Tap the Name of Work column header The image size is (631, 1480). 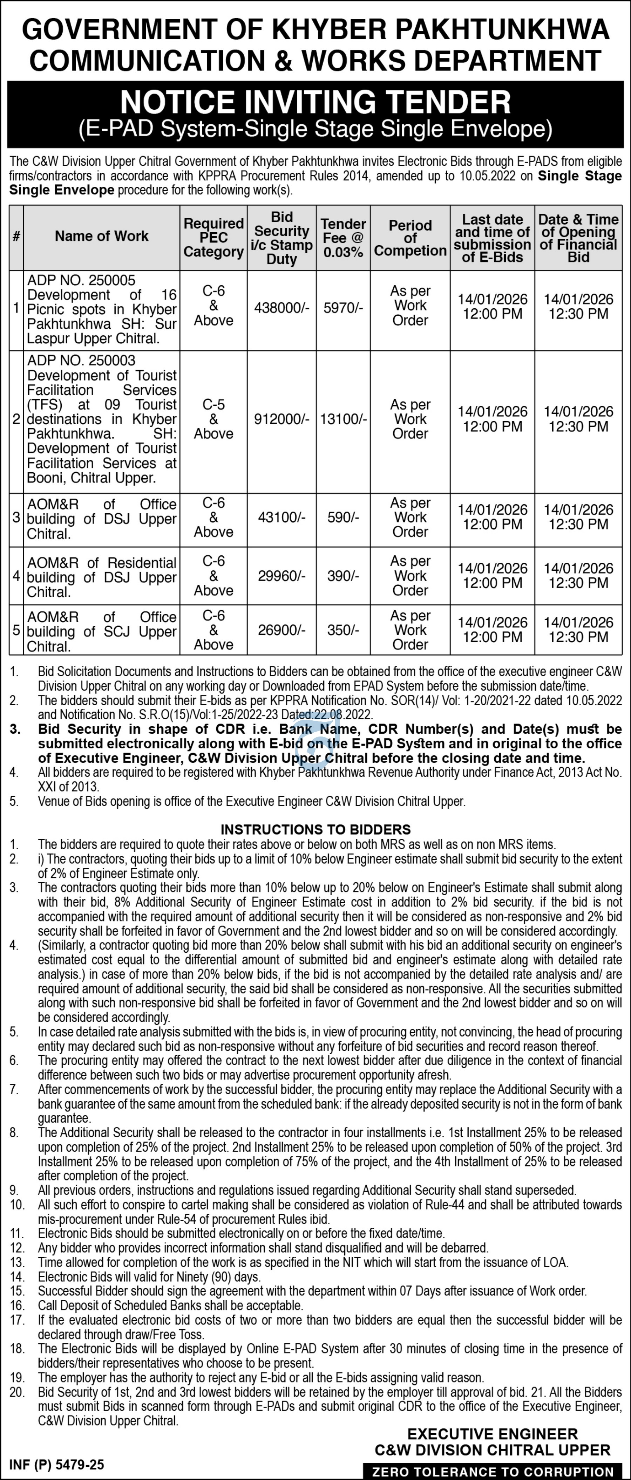(x=101, y=236)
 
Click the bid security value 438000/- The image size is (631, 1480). (x=281, y=308)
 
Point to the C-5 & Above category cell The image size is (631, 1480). (x=213, y=419)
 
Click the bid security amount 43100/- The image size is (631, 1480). (x=281, y=518)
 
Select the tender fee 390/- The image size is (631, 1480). (x=343, y=576)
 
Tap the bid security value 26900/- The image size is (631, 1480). (x=281, y=630)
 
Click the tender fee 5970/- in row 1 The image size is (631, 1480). (x=343, y=308)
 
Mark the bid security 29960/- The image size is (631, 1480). (x=281, y=576)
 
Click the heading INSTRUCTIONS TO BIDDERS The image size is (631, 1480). (x=315, y=830)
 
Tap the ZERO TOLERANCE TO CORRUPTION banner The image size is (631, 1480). (x=493, y=1472)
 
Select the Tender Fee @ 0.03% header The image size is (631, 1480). (x=343, y=237)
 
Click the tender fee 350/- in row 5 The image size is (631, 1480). (x=343, y=630)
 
